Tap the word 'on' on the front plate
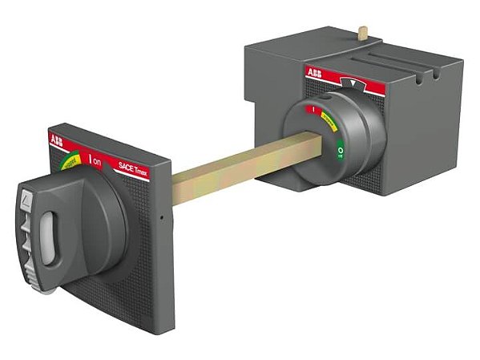(97, 162)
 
